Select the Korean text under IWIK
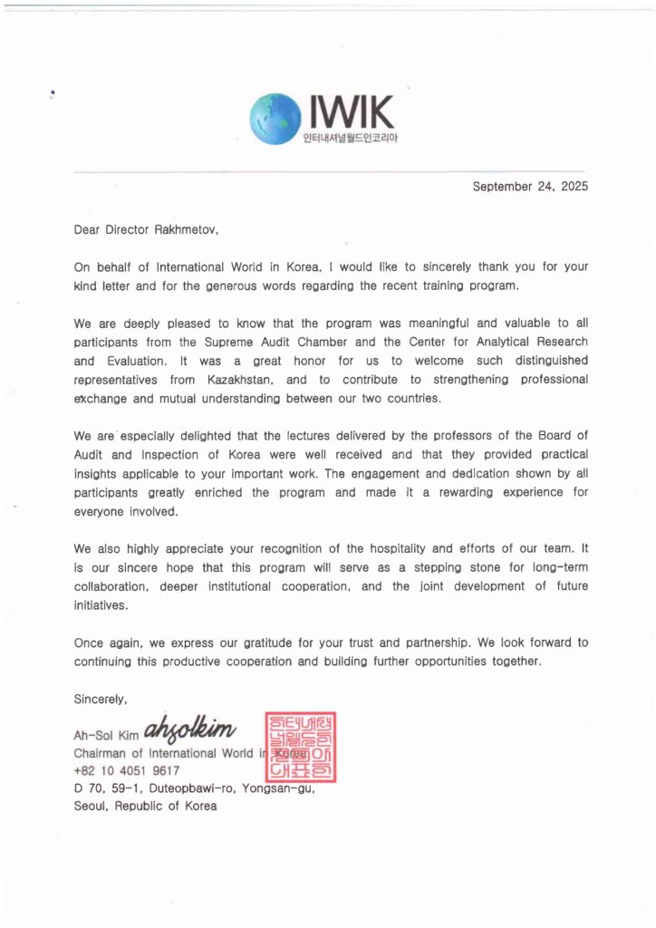(x=351, y=139)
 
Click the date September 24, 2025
(x=530, y=187)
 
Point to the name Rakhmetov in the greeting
(x=187, y=229)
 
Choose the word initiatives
(x=101, y=604)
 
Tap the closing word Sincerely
(x=101, y=699)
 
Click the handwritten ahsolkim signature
(x=189, y=728)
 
